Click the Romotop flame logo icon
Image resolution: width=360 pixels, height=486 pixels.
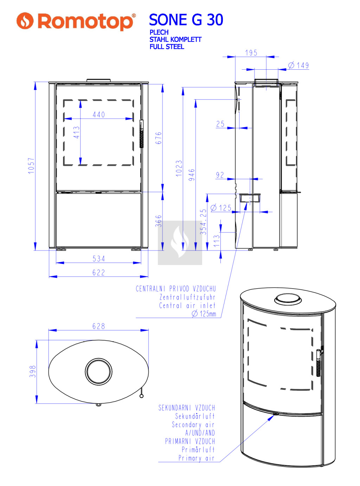click(x=25, y=21)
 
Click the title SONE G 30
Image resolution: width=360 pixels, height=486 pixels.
click(x=186, y=20)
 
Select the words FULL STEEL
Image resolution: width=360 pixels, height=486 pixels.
click(x=167, y=47)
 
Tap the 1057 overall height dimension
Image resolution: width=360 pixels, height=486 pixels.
click(x=31, y=166)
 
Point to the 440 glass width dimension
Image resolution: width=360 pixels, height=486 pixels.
click(x=98, y=115)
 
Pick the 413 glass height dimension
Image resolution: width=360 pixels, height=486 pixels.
click(x=76, y=132)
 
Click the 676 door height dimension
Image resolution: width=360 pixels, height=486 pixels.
click(x=158, y=138)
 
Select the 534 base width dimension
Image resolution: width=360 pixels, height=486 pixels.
click(x=98, y=259)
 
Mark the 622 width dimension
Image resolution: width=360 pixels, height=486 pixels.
click(x=98, y=273)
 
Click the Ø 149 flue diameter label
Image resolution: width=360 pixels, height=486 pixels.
click(x=298, y=65)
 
